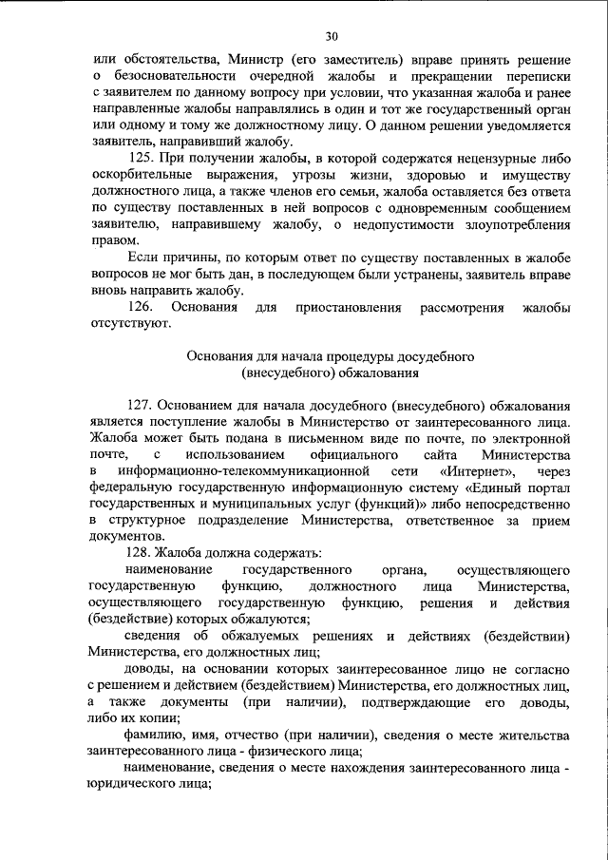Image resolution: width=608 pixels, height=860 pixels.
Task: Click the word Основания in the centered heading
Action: pyautogui.click(x=225, y=355)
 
